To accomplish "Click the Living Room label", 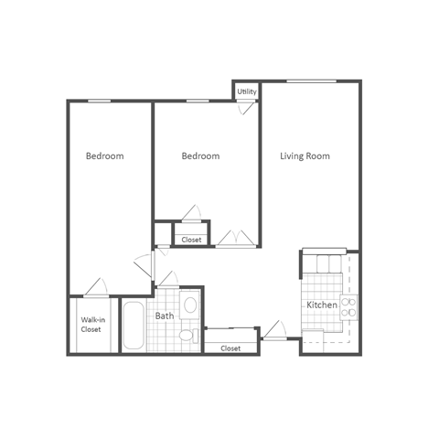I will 305,156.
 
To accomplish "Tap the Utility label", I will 247,92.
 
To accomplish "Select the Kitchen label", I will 322,305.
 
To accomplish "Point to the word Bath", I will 165,316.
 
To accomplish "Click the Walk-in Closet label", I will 91,325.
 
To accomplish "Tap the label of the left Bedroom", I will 104,156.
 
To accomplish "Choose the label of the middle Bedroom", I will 200,156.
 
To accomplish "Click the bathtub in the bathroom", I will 134,327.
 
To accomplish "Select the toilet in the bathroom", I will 188,336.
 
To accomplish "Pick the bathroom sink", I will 191,305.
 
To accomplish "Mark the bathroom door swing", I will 145,266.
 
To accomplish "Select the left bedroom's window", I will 101,100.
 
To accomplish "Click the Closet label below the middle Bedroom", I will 191,240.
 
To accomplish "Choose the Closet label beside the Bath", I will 230,348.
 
